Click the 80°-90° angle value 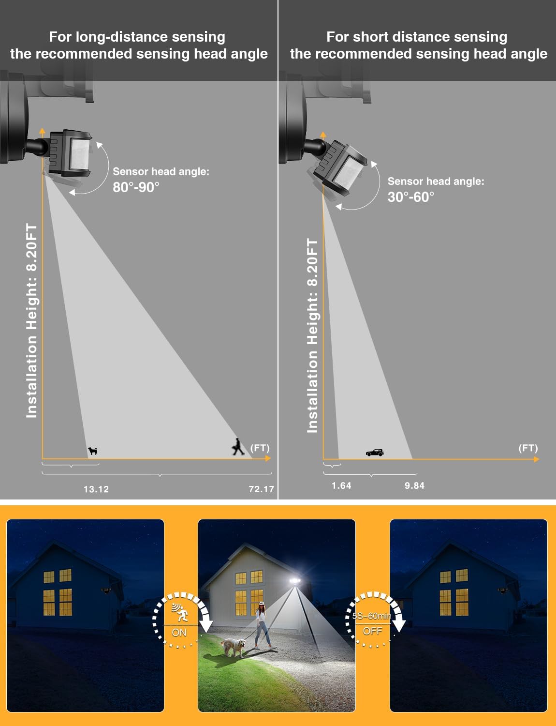pos(136,187)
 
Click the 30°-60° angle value pos(410,197)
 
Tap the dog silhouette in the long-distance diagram pos(93,451)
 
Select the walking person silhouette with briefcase pos(238,447)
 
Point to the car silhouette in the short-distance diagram pos(375,453)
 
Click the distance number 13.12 pos(96,489)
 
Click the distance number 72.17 pos(261,489)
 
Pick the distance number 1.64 pos(341,485)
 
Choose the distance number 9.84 pos(414,485)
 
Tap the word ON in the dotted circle pos(179,633)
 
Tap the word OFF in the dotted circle pos(372,631)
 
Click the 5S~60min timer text pos(371,616)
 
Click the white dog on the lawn pos(233,647)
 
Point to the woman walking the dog pos(262,624)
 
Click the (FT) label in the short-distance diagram pos(528,448)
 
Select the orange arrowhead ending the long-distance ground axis pos(268,458)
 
